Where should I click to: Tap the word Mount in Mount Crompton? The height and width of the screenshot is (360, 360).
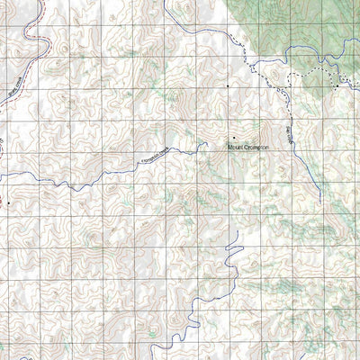click(x=233, y=144)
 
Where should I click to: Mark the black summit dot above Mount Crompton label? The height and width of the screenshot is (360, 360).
click(x=234, y=138)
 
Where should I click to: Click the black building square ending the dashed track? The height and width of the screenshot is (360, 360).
click(x=339, y=85)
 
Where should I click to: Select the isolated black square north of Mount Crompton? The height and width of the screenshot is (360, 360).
click(x=228, y=86)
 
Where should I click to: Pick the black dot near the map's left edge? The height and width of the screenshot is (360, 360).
click(x=9, y=203)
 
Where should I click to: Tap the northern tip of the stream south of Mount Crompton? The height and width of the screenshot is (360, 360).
click(x=236, y=232)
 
